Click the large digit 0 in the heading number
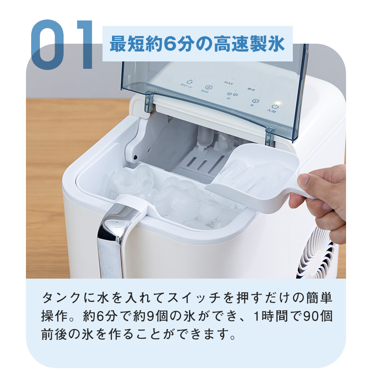point(51,45)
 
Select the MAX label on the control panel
point(228,82)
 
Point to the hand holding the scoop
point(324,195)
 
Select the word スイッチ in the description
point(194,299)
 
